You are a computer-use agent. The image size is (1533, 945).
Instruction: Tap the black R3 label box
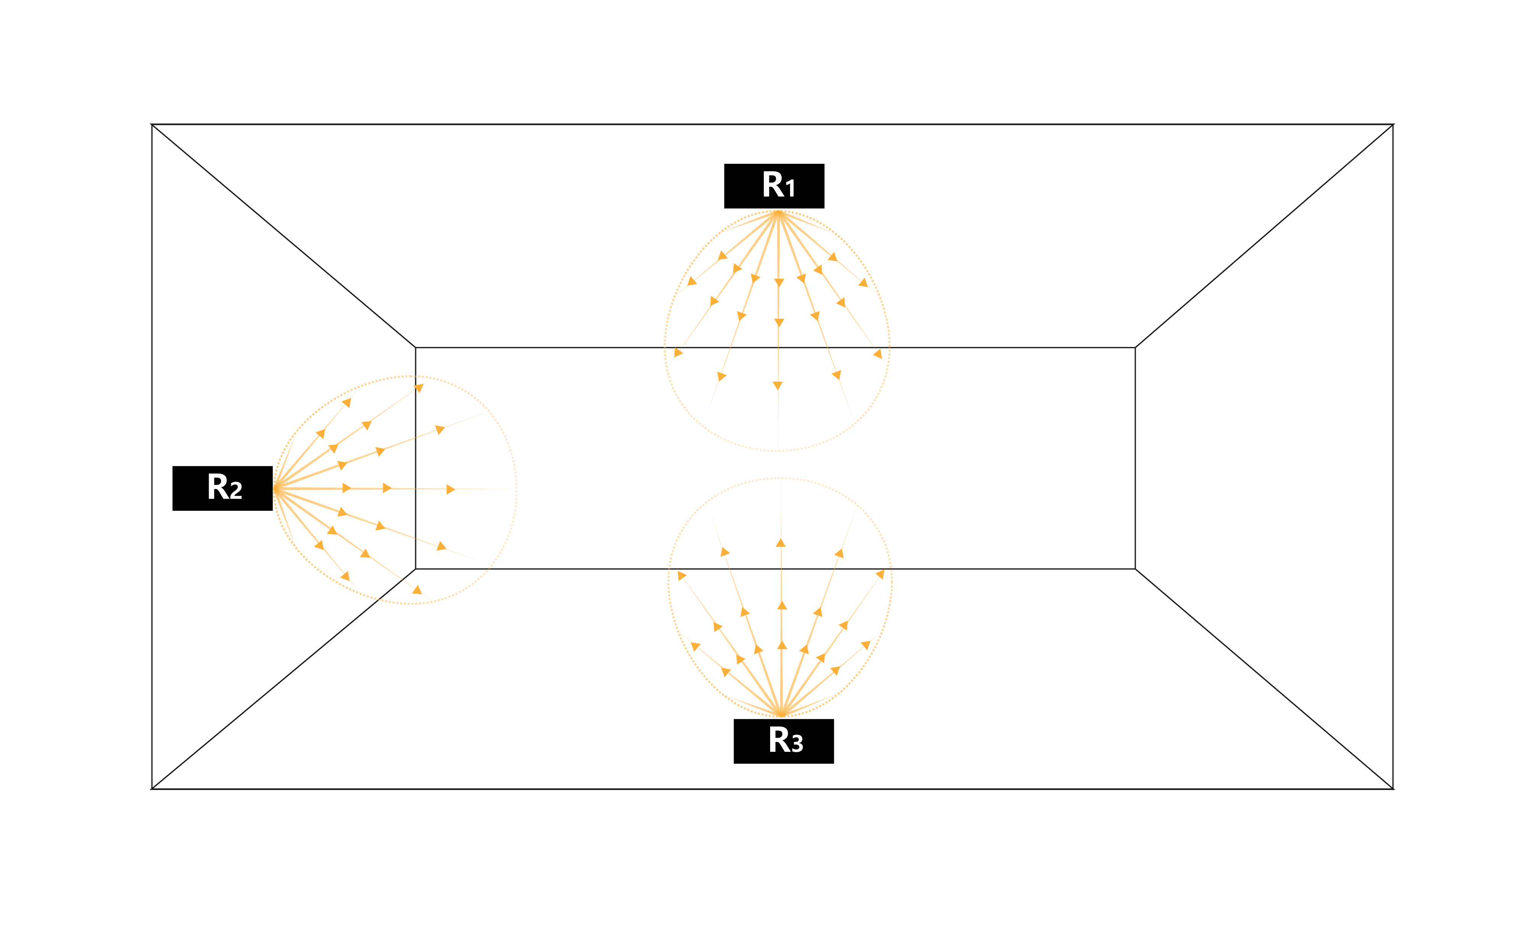click(x=783, y=741)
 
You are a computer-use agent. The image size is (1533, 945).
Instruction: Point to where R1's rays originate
click(x=779, y=213)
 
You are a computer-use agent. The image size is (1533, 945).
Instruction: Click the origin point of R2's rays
click(x=275, y=489)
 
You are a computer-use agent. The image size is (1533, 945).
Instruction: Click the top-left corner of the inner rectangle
click(x=416, y=347)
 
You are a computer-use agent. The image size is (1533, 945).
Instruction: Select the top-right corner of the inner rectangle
click(x=1135, y=347)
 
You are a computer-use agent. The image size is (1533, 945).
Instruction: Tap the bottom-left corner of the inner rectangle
click(x=416, y=569)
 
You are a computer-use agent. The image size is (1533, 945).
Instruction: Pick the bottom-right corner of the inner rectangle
click(x=1135, y=569)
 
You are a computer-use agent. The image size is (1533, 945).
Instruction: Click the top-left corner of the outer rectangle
click(x=152, y=125)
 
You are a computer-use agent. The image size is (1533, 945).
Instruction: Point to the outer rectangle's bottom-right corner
click(x=1393, y=789)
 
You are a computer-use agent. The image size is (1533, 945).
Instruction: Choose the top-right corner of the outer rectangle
click(x=1393, y=125)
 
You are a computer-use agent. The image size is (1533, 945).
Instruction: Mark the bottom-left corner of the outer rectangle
click(x=152, y=789)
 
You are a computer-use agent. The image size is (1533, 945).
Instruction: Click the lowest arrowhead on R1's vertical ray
click(x=778, y=386)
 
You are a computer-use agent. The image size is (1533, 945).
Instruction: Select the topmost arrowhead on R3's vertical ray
click(x=781, y=543)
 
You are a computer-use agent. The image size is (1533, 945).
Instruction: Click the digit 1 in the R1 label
click(x=790, y=188)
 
